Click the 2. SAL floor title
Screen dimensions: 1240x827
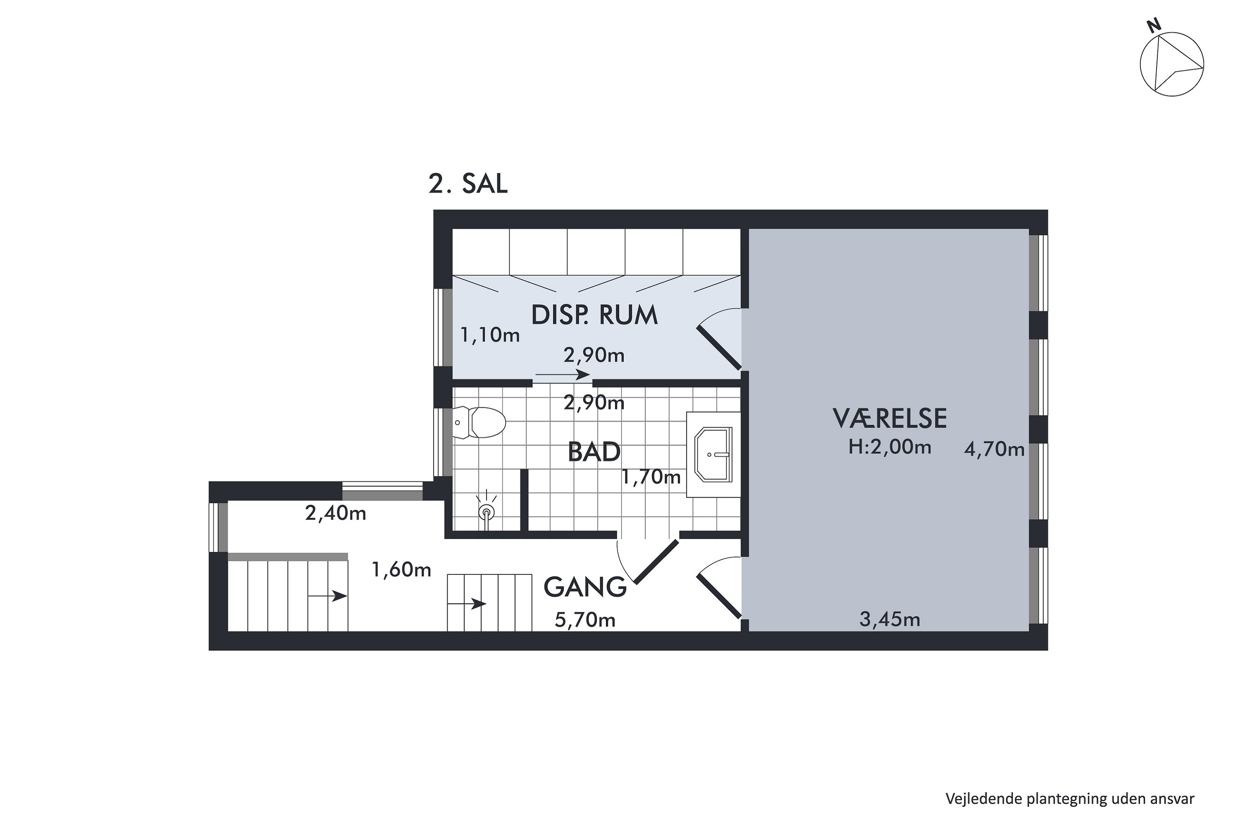click(x=467, y=184)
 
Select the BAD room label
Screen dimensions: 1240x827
click(x=594, y=452)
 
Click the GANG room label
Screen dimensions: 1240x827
click(x=585, y=587)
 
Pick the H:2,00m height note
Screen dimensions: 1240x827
click(x=889, y=447)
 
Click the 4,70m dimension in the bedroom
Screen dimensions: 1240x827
click(x=994, y=449)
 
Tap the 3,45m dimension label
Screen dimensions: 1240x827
click(x=890, y=619)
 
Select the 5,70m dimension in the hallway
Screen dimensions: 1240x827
click(x=585, y=620)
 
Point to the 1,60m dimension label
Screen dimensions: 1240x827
click(x=402, y=570)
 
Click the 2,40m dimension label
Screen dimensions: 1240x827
click(x=336, y=513)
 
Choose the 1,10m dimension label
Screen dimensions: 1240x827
click(x=490, y=335)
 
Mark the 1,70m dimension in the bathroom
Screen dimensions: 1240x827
click(x=651, y=477)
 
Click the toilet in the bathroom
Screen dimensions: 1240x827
click(x=479, y=422)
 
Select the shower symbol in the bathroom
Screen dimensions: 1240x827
click(x=486, y=511)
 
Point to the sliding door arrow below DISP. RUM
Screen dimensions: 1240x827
click(x=563, y=375)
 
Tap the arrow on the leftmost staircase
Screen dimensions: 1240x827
click(x=327, y=596)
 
